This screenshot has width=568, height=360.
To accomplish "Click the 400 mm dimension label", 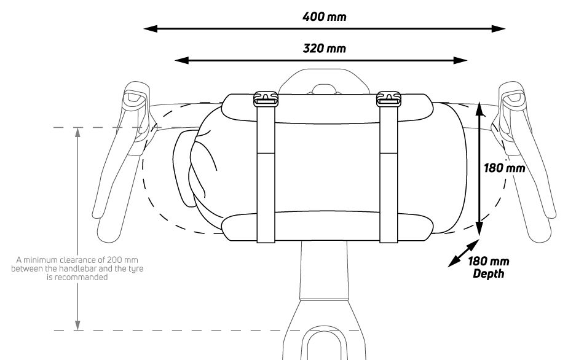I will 324,16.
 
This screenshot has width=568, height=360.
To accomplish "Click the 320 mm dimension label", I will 324,47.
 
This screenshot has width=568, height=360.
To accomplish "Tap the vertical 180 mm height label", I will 504,168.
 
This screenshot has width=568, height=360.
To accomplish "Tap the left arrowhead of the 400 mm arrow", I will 148,28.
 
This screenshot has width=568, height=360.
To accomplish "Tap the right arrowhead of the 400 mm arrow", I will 501,28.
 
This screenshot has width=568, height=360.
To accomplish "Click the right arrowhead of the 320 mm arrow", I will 463,60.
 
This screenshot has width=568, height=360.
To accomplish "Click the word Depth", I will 488,273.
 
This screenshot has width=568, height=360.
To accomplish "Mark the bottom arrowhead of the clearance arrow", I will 77,326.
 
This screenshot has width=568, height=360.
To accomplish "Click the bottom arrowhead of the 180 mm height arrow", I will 479,234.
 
